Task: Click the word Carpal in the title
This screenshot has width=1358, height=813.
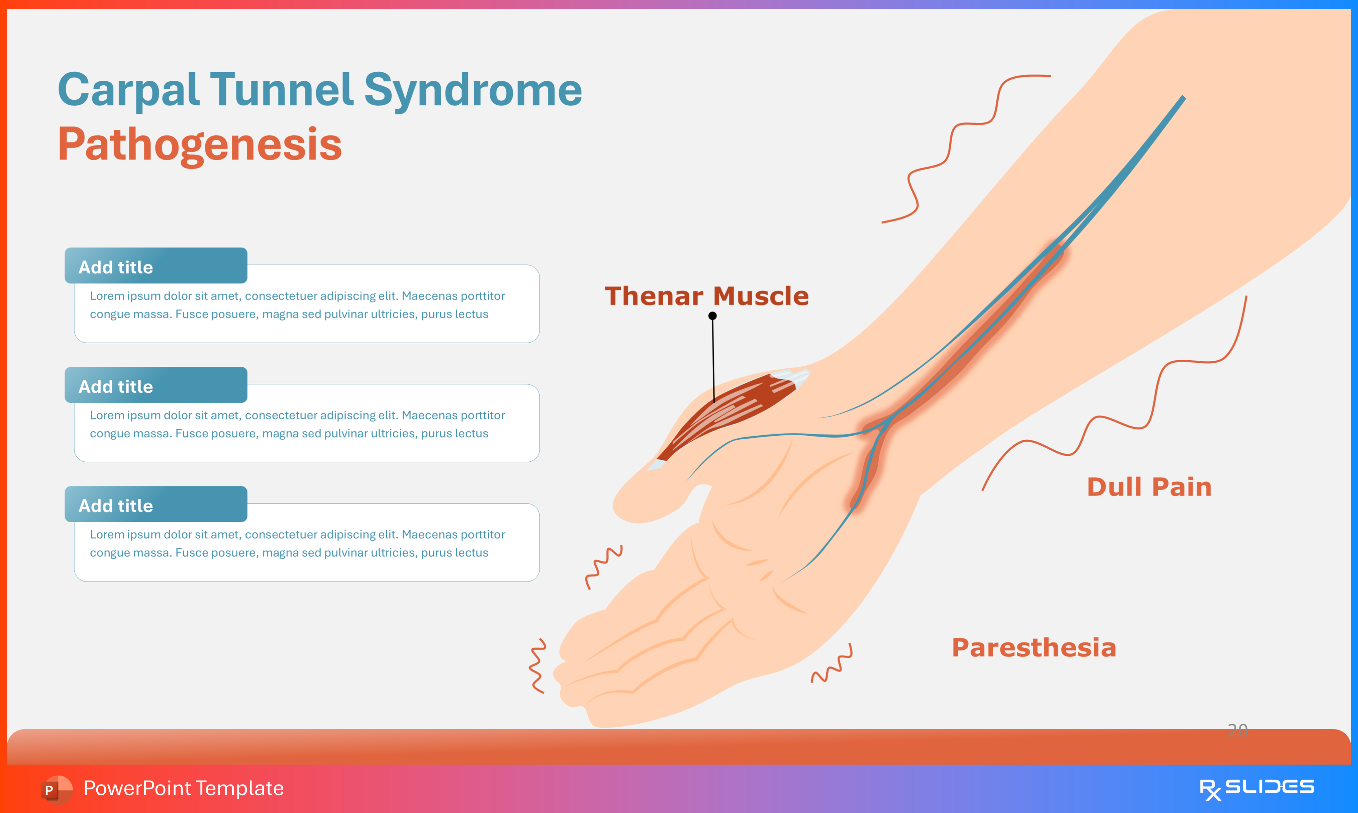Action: coord(129,90)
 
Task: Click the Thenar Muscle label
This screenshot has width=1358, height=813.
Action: coord(706,296)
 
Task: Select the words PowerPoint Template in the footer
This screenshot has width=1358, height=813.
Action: coord(183,788)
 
